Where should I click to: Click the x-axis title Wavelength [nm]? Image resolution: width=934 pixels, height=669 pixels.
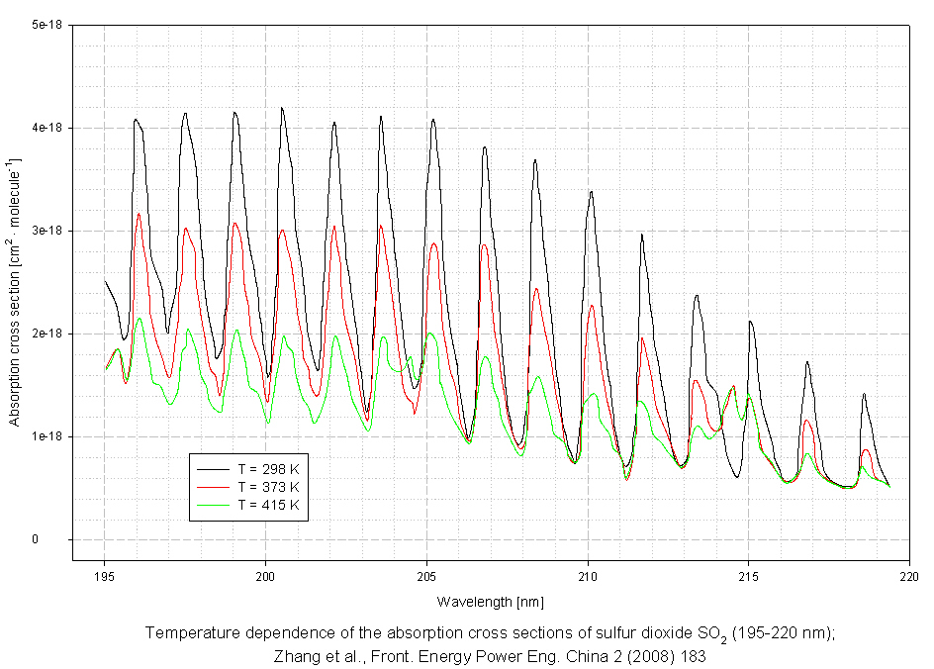[x=490, y=602]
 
